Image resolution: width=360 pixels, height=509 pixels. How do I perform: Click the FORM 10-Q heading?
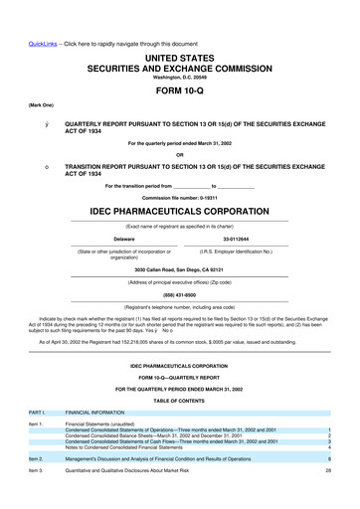(180, 90)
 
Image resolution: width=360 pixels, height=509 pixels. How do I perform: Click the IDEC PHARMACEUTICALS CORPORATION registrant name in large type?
(180, 213)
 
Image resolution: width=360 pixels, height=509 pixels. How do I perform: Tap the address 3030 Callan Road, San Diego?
(180, 270)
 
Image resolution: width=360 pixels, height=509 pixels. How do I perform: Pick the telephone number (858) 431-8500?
(180, 293)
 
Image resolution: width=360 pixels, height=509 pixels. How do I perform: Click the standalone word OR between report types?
(180, 154)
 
